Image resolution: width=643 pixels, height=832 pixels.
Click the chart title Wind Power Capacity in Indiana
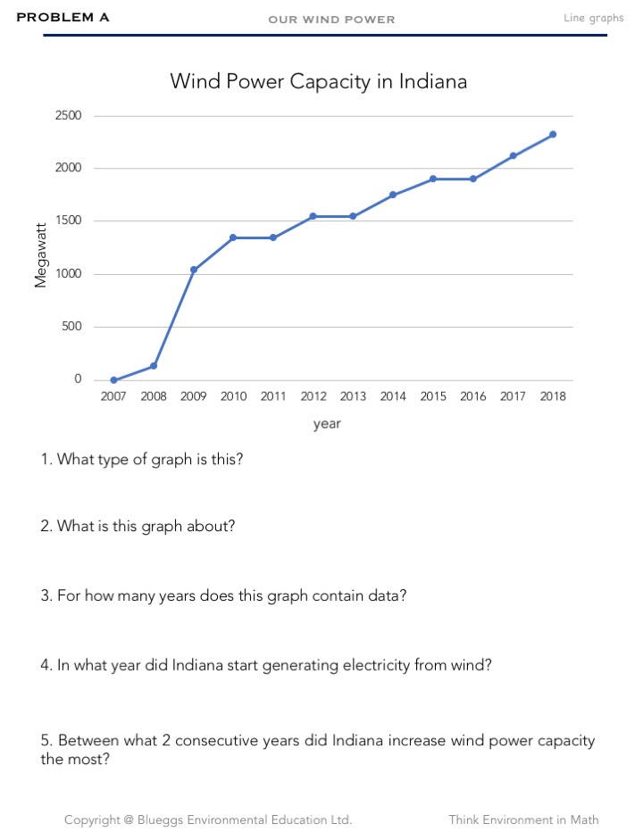pos(319,81)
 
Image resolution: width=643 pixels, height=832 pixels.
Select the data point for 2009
pos(194,270)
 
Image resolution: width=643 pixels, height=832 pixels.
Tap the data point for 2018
pos(553,134)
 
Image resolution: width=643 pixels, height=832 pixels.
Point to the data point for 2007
pos(113,380)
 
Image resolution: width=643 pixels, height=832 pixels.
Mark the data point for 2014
pos(393,195)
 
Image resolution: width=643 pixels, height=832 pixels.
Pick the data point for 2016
pos(473,179)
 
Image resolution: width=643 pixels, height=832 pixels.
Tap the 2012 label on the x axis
pos(313,397)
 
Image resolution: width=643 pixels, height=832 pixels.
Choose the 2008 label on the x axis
pos(154,397)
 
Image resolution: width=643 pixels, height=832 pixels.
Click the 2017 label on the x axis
pos(513,397)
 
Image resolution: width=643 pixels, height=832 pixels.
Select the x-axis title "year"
pos(327,424)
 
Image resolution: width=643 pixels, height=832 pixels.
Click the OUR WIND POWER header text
pos(331,20)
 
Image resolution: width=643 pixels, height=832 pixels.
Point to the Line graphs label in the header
pos(594,18)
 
